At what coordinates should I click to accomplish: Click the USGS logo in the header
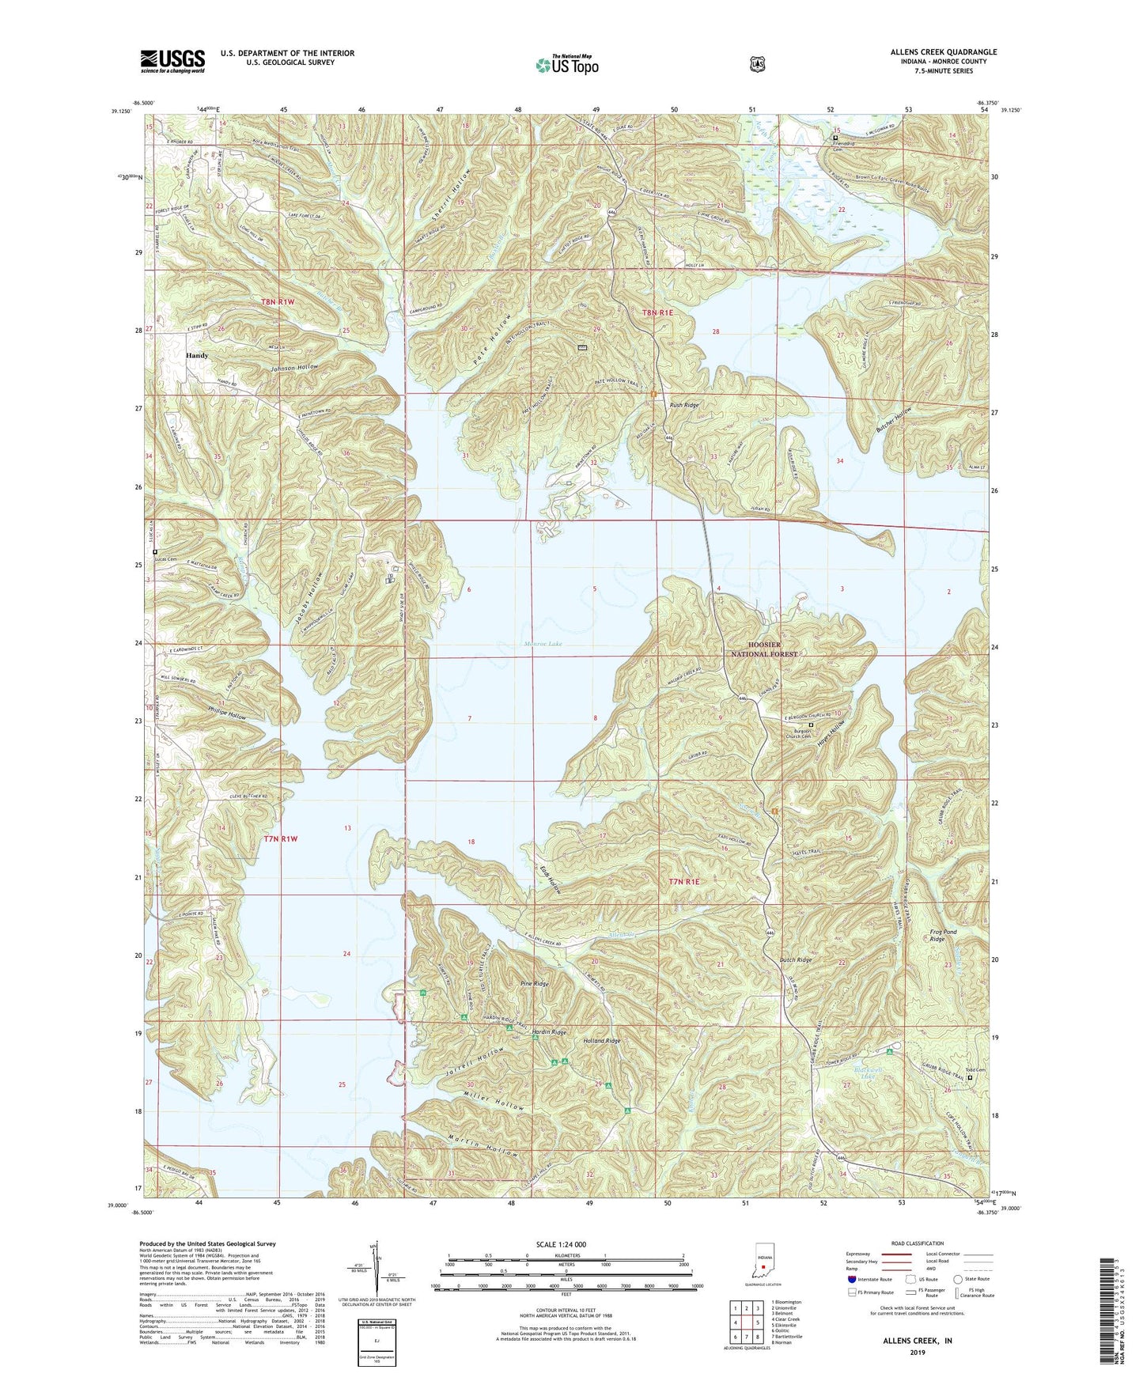pos(172,61)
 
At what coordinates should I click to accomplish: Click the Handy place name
pos(197,356)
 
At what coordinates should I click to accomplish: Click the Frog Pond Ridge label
pos(944,936)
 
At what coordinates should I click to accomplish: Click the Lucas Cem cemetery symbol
pos(155,552)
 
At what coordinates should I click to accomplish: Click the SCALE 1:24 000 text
pos(561,1244)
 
